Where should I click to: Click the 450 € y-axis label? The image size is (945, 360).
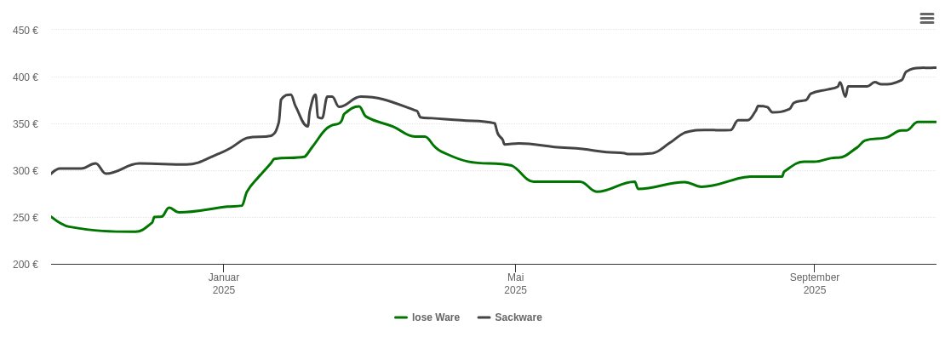coord(25,31)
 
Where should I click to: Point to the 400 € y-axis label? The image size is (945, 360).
coord(25,77)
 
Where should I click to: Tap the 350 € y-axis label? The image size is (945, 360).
coord(25,124)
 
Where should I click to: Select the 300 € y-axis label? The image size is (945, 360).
coord(25,171)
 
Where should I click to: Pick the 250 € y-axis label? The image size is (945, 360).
coord(25,218)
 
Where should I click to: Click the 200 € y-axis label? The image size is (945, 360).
coord(25,265)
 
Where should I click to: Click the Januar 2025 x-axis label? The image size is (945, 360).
coord(224,283)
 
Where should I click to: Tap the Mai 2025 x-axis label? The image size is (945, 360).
coord(515,283)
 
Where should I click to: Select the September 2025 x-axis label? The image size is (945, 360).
coord(815,283)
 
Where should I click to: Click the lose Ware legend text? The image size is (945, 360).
coord(436,317)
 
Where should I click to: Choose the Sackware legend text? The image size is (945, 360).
coord(518,317)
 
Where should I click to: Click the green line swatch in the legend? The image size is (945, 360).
coord(401,317)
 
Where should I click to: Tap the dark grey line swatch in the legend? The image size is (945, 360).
coord(484,317)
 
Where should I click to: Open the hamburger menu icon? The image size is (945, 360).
coord(927,19)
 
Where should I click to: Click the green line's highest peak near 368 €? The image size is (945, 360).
coord(358,106)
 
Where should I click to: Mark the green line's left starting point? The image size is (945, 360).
coord(52,217)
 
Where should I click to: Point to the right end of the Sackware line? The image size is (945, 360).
coord(936,67)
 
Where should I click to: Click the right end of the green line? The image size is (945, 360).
coord(936,122)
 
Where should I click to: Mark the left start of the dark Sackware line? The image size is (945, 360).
coord(52,174)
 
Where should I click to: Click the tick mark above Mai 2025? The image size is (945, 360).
coord(515,267)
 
